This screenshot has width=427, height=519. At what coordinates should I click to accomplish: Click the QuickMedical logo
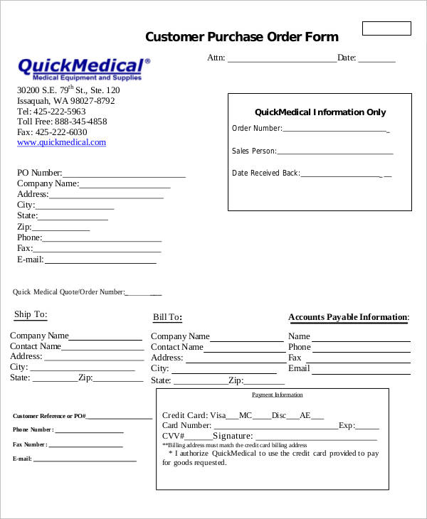[x=84, y=69]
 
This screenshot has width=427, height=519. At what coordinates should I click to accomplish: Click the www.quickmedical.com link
[x=61, y=142]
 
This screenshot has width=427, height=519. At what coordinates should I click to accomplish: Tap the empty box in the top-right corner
[x=386, y=28]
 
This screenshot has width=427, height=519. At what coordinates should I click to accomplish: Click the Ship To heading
[x=31, y=315]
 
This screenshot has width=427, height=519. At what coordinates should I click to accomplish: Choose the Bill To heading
[x=167, y=318]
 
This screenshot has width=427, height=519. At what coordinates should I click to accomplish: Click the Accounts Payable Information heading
[x=349, y=317]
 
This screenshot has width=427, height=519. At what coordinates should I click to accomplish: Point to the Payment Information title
[x=278, y=395]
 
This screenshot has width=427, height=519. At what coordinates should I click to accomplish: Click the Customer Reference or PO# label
[x=49, y=416]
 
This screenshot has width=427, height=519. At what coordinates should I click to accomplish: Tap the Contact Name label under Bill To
[x=177, y=347]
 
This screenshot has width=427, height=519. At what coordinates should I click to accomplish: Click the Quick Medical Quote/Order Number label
[x=69, y=291]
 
